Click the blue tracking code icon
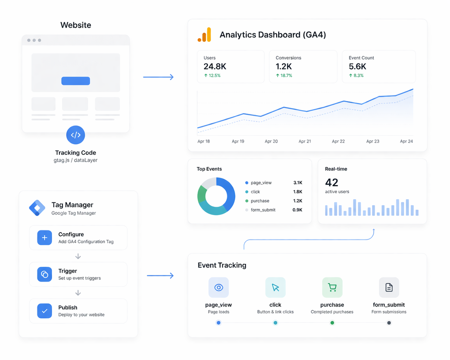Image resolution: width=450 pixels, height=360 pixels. click(x=76, y=135)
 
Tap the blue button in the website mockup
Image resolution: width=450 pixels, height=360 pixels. click(x=76, y=81)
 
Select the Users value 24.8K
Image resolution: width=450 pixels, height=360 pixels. click(x=215, y=66)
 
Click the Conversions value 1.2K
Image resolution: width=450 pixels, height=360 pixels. click(x=284, y=66)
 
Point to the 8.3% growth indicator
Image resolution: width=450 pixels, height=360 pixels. click(x=356, y=76)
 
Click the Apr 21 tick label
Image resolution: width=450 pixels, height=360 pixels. click(x=305, y=141)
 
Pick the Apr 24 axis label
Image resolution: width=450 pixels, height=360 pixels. click(x=406, y=141)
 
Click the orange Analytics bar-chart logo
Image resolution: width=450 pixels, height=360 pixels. click(x=204, y=35)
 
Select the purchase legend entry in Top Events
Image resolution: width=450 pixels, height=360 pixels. click(x=260, y=201)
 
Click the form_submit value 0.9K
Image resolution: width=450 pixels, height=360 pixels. click(x=297, y=210)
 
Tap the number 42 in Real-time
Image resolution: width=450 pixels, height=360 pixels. click(x=332, y=182)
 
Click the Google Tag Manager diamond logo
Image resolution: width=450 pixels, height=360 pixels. click(x=37, y=208)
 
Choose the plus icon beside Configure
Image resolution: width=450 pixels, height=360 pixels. click(x=45, y=238)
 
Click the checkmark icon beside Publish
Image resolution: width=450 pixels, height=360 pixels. click(x=45, y=311)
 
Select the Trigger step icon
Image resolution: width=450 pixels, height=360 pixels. click(x=45, y=274)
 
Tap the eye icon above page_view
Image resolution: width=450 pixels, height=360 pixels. click(x=219, y=288)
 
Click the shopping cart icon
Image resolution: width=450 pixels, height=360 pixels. click(x=332, y=288)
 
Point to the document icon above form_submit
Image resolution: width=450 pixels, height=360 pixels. click(x=389, y=288)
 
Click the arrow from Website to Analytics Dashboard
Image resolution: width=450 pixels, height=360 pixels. click(x=158, y=77)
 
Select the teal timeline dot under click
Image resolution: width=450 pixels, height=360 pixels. click(x=275, y=323)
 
